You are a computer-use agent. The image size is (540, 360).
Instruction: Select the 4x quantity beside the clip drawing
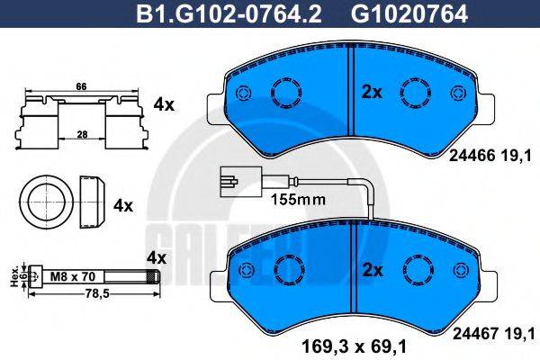click(164, 104)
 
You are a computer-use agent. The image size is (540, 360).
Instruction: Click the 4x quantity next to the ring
click(122, 205)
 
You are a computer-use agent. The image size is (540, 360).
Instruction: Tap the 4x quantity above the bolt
click(156, 257)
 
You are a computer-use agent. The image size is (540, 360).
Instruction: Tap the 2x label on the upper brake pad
click(372, 91)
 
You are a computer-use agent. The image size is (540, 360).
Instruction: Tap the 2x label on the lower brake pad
click(372, 269)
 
